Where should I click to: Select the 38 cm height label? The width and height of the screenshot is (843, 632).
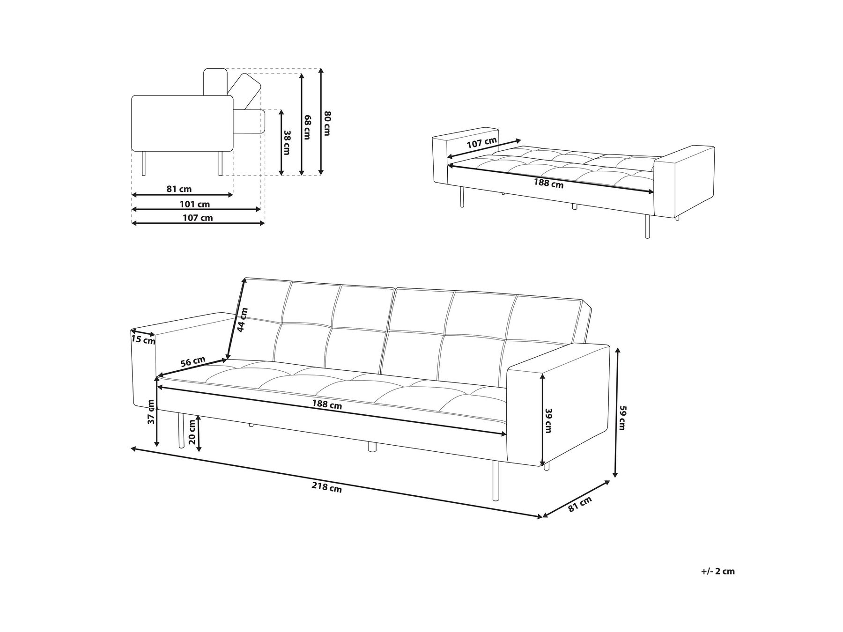tap(287, 142)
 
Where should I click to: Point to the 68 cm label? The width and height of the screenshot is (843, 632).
tap(307, 127)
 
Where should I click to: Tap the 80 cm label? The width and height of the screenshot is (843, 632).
tap(327, 124)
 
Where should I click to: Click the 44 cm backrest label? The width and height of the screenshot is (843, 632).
tap(242, 320)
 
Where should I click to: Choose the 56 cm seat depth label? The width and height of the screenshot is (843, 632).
tap(192, 362)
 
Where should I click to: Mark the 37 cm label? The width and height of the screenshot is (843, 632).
tap(151, 412)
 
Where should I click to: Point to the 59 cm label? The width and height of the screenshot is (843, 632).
tap(622, 418)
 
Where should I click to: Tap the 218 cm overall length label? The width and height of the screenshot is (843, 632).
tap(327, 488)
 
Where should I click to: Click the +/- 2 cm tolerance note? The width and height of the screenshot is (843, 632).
tap(718, 571)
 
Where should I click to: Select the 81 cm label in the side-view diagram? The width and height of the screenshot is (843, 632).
tap(179, 189)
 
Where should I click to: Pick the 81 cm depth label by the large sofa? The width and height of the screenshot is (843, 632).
tap(580, 504)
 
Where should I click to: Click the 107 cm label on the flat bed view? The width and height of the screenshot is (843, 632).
tap(482, 142)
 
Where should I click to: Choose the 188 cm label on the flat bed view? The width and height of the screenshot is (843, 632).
tap(549, 184)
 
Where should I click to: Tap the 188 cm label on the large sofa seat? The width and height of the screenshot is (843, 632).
tap(327, 405)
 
